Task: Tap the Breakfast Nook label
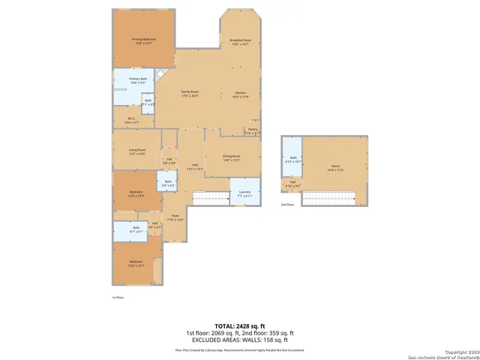pyautogui.click(x=240, y=43)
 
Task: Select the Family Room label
pyautogui.click(x=189, y=94)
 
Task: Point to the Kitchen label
pyautogui.click(x=240, y=94)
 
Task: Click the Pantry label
pyautogui.click(x=253, y=130)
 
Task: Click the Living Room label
pyautogui.click(x=136, y=151)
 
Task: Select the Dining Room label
pyautogui.click(x=231, y=158)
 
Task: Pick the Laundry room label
pyautogui.click(x=244, y=194)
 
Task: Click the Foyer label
pyautogui.click(x=175, y=218)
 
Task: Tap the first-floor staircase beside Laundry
pyautogui.click(x=211, y=198)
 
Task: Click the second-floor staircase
pyautogui.click(x=328, y=198)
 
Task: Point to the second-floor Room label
pyautogui.click(x=335, y=169)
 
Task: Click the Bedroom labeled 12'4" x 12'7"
pyautogui.click(x=136, y=263)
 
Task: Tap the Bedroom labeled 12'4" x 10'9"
pyautogui.click(x=136, y=193)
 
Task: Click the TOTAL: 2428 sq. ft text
pyautogui.click(x=240, y=326)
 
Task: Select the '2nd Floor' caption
pyautogui.click(x=288, y=204)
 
